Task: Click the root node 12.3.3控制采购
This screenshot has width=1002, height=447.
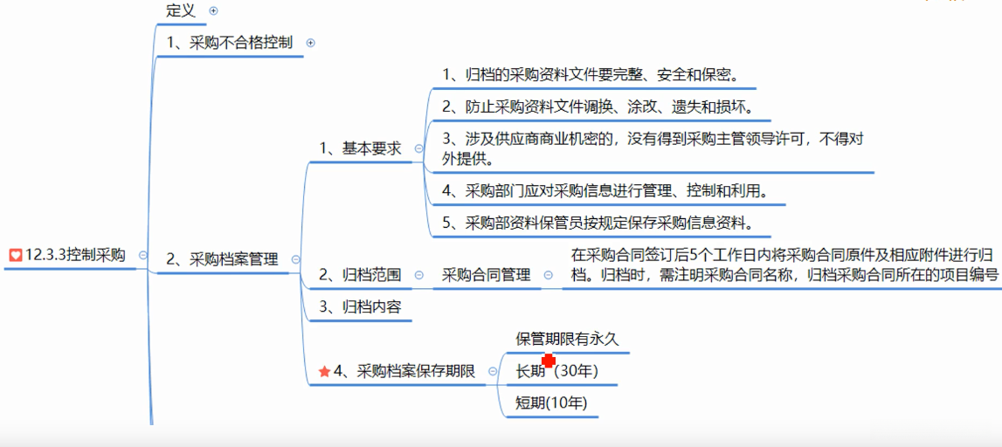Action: click(x=75, y=255)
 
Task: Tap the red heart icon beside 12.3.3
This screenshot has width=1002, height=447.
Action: click(x=15, y=255)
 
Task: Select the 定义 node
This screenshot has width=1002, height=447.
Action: click(x=181, y=10)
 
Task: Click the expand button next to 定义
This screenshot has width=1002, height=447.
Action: click(x=213, y=11)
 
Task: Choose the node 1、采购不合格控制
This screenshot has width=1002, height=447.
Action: click(x=229, y=42)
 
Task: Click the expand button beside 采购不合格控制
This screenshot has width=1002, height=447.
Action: click(x=310, y=42)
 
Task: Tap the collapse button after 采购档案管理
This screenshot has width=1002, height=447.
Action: click(x=295, y=259)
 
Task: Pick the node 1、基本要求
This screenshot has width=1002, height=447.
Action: click(x=360, y=148)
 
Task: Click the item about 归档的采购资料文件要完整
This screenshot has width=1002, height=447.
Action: click(x=591, y=74)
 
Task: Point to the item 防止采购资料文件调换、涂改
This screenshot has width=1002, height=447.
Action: click(x=598, y=107)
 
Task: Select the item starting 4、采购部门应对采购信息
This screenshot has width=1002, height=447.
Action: click(x=605, y=190)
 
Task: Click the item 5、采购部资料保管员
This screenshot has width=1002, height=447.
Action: click(x=598, y=223)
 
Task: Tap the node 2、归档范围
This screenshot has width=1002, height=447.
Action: click(x=360, y=275)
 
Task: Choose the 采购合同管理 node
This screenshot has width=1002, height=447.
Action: click(x=486, y=275)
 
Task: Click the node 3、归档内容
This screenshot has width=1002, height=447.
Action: click(x=360, y=306)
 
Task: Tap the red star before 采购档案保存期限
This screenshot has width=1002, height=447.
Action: click(x=325, y=372)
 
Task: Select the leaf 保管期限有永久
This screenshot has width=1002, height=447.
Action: click(x=567, y=339)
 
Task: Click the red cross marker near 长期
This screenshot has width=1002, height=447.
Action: click(x=549, y=361)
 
